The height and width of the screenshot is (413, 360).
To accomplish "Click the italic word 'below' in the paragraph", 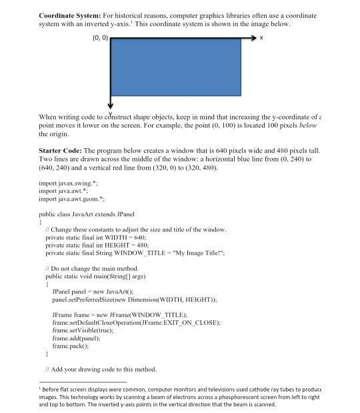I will (310, 125).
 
